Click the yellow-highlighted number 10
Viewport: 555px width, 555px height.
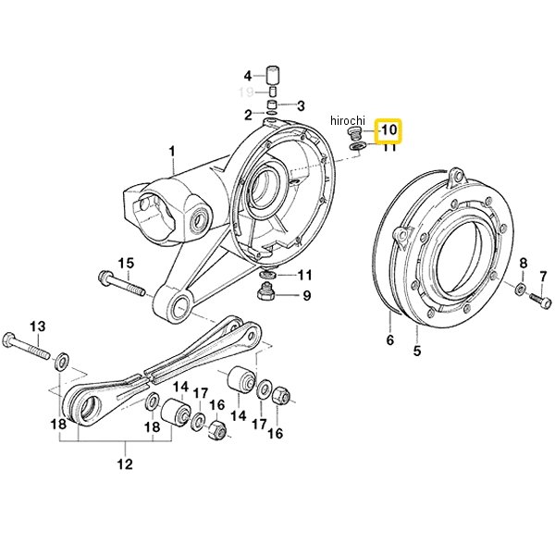[389, 129]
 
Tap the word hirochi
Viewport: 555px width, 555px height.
[348, 120]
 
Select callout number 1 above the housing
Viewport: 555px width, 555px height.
[172, 153]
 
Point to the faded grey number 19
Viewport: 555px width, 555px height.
[246, 92]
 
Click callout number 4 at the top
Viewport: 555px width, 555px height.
[248, 76]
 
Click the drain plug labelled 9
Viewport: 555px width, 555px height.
[265, 291]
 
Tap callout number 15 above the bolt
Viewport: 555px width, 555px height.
[127, 264]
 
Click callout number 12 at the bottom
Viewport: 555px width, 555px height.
[125, 463]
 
